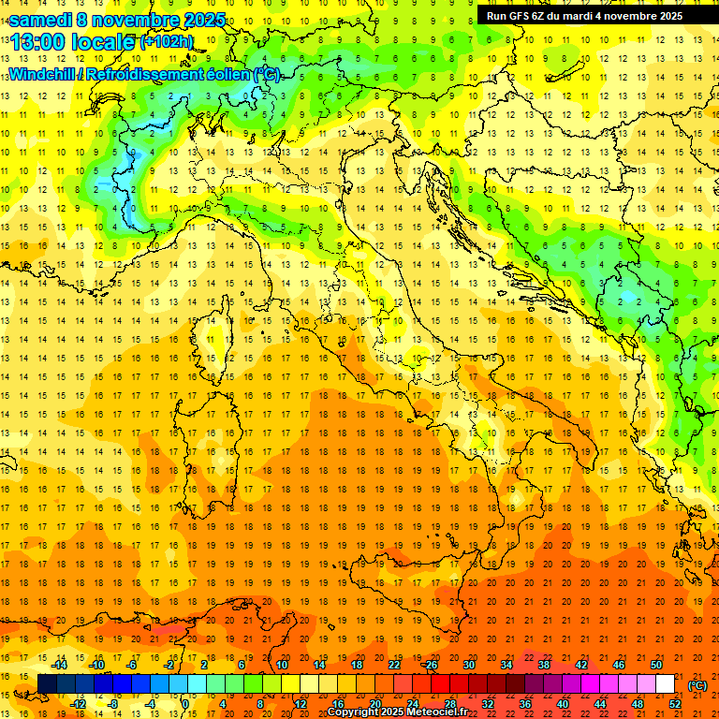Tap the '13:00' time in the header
click(x=36, y=41)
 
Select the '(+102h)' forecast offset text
click(x=167, y=41)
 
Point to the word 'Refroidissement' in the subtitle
click(x=145, y=74)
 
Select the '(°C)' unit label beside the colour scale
click(x=697, y=685)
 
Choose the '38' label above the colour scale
click(x=543, y=665)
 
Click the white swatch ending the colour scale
click(x=665, y=683)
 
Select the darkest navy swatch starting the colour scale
click(x=47, y=683)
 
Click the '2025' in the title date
click(x=204, y=20)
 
